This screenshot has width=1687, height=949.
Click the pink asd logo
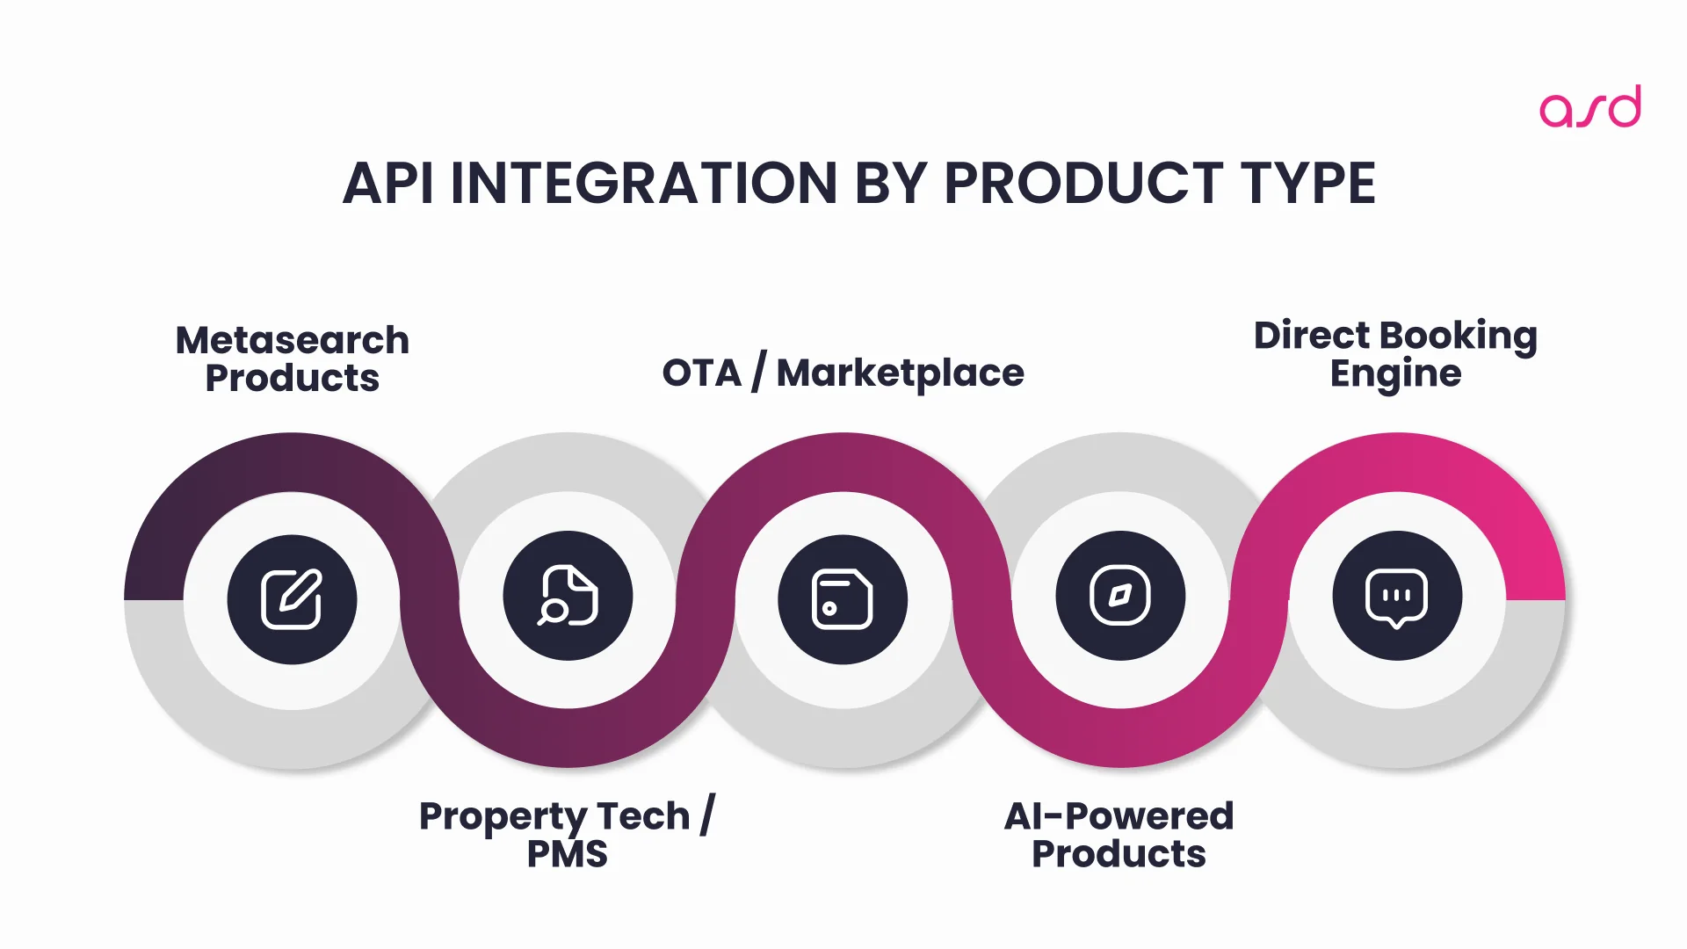point(1589,107)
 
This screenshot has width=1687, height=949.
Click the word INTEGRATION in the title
point(643,184)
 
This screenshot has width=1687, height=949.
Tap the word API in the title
point(387,184)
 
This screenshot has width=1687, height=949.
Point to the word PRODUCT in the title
point(1083,184)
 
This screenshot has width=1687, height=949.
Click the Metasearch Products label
point(293,359)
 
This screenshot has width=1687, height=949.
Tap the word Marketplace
point(900,373)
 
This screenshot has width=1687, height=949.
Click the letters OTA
point(701,373)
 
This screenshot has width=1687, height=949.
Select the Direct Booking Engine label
point(1395,354)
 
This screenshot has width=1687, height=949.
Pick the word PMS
point(567,854)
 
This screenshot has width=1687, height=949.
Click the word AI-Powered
point(1119,816)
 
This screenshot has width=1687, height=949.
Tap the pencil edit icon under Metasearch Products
point(292,599)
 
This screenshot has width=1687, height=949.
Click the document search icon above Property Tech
point(568,596)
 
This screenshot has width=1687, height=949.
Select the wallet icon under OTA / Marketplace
point(843,599)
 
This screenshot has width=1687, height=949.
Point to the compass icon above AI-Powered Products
point(1120,596)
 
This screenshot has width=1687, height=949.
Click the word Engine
point(1395,374)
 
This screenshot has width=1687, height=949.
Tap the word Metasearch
point(293,340)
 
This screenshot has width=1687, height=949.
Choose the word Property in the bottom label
point(503,817)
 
